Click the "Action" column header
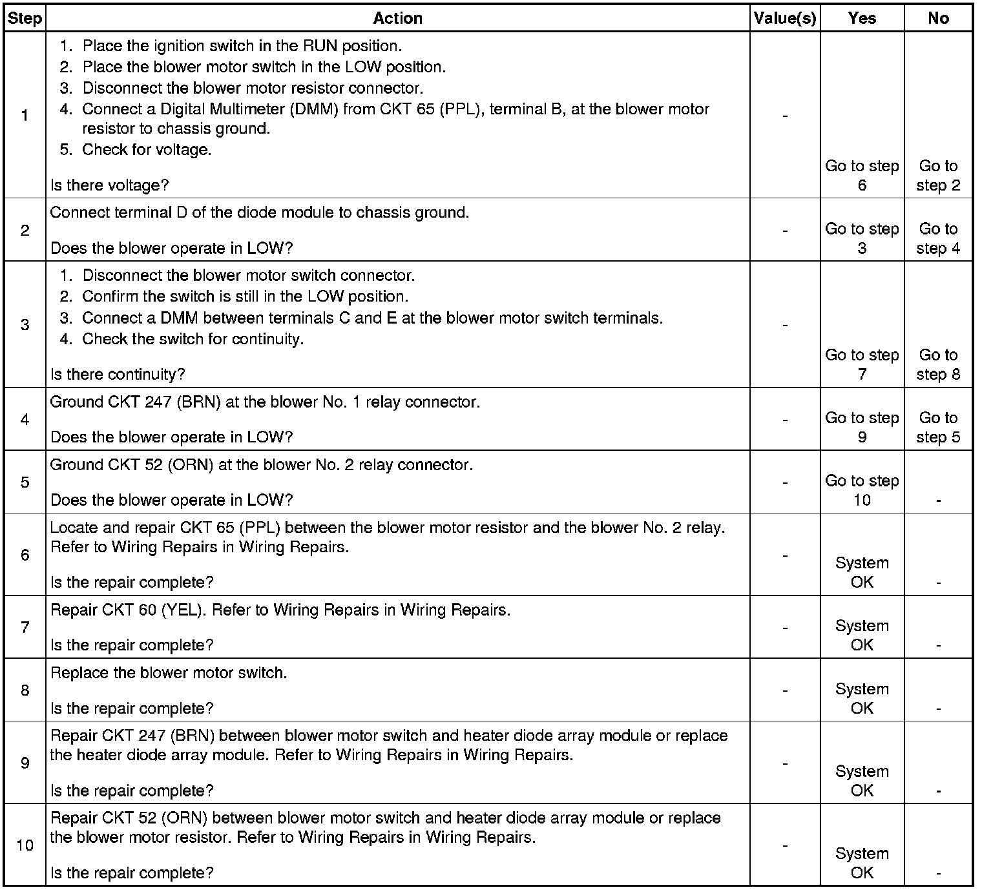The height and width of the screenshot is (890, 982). click(x=397, y=18)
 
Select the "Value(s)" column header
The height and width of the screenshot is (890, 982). click(x=785, y=18)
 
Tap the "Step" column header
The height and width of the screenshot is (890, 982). click(x=25, y=18)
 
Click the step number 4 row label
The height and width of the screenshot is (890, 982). click(x=25, y=419)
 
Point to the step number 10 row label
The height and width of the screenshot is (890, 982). click(x=25, y=845)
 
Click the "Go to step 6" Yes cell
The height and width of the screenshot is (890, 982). click(x=862, y=176)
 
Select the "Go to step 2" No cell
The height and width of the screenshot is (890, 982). click(x=938, y=176)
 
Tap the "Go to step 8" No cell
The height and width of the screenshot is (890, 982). click(x=938, y=364)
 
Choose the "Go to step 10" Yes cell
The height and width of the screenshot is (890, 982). click(x=862, y=490)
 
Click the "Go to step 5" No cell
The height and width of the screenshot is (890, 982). click(x=938, y=427)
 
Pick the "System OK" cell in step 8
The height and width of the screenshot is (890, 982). click(x=862, y=698)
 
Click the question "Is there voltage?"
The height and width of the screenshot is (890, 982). click(x=109, y=185)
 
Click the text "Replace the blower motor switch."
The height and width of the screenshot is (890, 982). click(x=169, y=672)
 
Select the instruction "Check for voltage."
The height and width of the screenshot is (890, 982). click(x=147, y=149)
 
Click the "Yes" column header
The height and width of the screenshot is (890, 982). click(x=862, y=18)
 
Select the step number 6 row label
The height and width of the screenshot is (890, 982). click(x=25, y=555)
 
